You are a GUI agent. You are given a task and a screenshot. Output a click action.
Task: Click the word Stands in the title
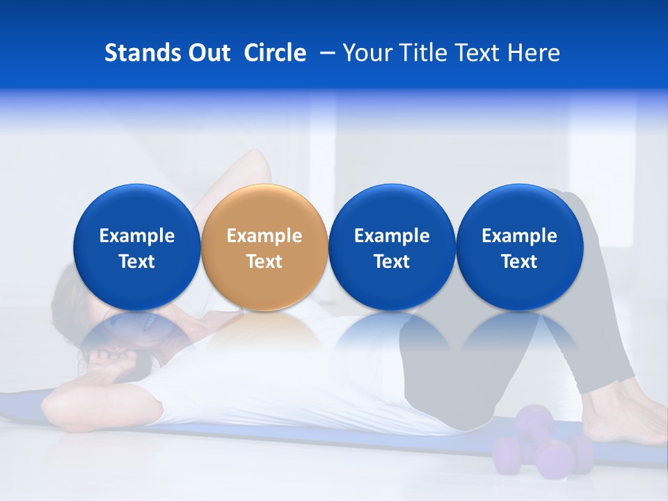tap(141, 53)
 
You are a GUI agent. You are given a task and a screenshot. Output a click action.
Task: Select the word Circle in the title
tap(275, 53)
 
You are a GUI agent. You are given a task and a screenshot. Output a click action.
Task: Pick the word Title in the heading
tap(420, 53)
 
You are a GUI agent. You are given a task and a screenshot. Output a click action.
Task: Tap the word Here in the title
tap(532, 53)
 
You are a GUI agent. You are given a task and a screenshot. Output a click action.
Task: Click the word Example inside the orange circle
tap(264, 236)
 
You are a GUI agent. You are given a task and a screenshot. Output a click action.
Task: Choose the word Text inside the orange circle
tap(264, 262)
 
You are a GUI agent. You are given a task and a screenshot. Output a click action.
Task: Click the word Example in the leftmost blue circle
tap(137, 236)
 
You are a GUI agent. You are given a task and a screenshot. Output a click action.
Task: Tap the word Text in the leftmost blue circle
tap(137, 262)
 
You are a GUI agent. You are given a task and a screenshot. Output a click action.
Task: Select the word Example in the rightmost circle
tap(519, 236)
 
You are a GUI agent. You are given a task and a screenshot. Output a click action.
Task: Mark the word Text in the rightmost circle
tap(519, 262)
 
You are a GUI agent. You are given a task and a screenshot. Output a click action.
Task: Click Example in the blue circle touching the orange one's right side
tap(392, 236)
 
